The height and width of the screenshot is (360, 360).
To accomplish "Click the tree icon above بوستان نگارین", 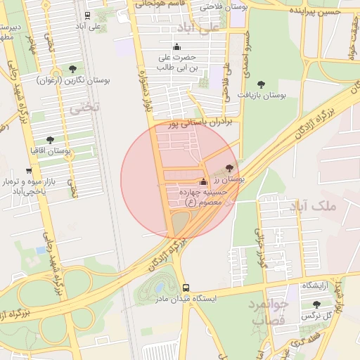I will (72, 69).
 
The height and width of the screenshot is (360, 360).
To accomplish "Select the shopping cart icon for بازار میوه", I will (29, 171).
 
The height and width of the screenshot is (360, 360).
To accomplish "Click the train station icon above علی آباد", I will (87, 15).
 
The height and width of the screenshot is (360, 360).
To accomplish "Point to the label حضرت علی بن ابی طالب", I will (174, 62).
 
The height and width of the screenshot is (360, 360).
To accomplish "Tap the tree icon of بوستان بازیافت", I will (262, 84).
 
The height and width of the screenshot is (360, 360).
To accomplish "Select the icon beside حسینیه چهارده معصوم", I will (204, 182).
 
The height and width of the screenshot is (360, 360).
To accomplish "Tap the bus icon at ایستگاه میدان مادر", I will (186, 288).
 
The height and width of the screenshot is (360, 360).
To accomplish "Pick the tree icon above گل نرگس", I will (316, 305).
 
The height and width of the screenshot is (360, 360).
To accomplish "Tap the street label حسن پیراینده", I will (316, 11).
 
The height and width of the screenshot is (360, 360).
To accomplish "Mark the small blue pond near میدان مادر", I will (158, 288).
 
